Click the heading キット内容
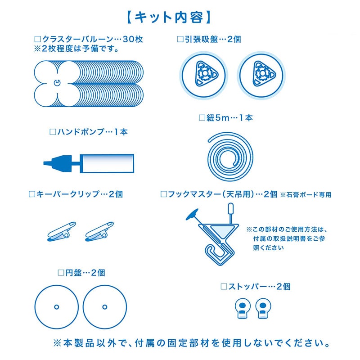click(169, 18)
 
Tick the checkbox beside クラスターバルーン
click(37, 39)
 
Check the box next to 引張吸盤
click(180, 39)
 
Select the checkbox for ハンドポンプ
click(53, 132)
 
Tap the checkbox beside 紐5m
click(202, 118)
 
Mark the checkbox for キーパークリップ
click(31, 194)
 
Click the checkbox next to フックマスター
click(163, 194)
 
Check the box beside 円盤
click(61, 273)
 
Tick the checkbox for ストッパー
click(224, 286)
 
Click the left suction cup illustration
click(203, 75)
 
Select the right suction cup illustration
click(261, 75)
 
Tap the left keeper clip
click(61, 231)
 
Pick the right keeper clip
click(99, 231)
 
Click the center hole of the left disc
click(57, 307)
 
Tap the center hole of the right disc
click(105, 307)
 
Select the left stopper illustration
click(243, 308)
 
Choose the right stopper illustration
click(263, 308)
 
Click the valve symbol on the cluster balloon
click(57, 83)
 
